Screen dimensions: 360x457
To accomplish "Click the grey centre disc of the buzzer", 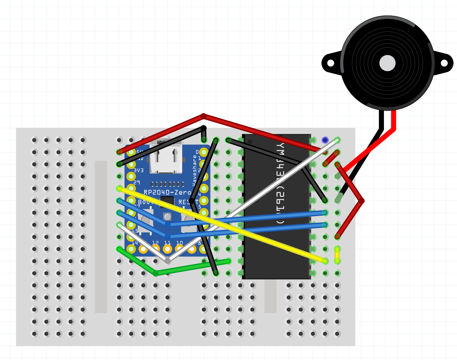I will [387, 63].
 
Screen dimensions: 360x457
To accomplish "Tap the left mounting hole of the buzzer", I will [331, 63].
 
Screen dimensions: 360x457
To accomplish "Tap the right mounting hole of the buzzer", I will [444, 63].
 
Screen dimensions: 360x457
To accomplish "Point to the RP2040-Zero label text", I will [167, 192].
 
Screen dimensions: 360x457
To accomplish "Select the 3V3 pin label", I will [138, 170].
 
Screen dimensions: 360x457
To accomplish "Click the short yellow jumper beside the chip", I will [337, 255].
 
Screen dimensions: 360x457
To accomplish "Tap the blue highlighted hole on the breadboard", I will [325, 140].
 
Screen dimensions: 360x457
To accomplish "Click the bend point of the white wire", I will [168, 261].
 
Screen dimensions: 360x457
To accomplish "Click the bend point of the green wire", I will [155, 273].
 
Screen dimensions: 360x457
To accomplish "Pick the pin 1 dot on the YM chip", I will [250, 142].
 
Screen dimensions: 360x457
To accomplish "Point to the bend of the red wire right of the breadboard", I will [362, 201].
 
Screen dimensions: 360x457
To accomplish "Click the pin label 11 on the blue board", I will [167, 243].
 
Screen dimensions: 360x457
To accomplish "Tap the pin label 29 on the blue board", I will [137, 183].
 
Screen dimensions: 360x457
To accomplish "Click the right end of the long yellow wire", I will [325, 261].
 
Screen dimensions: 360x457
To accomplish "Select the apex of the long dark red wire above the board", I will [204, 116].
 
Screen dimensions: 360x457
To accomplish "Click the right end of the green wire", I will [228, 261].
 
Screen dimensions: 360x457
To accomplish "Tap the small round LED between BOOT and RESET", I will [167, 217].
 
